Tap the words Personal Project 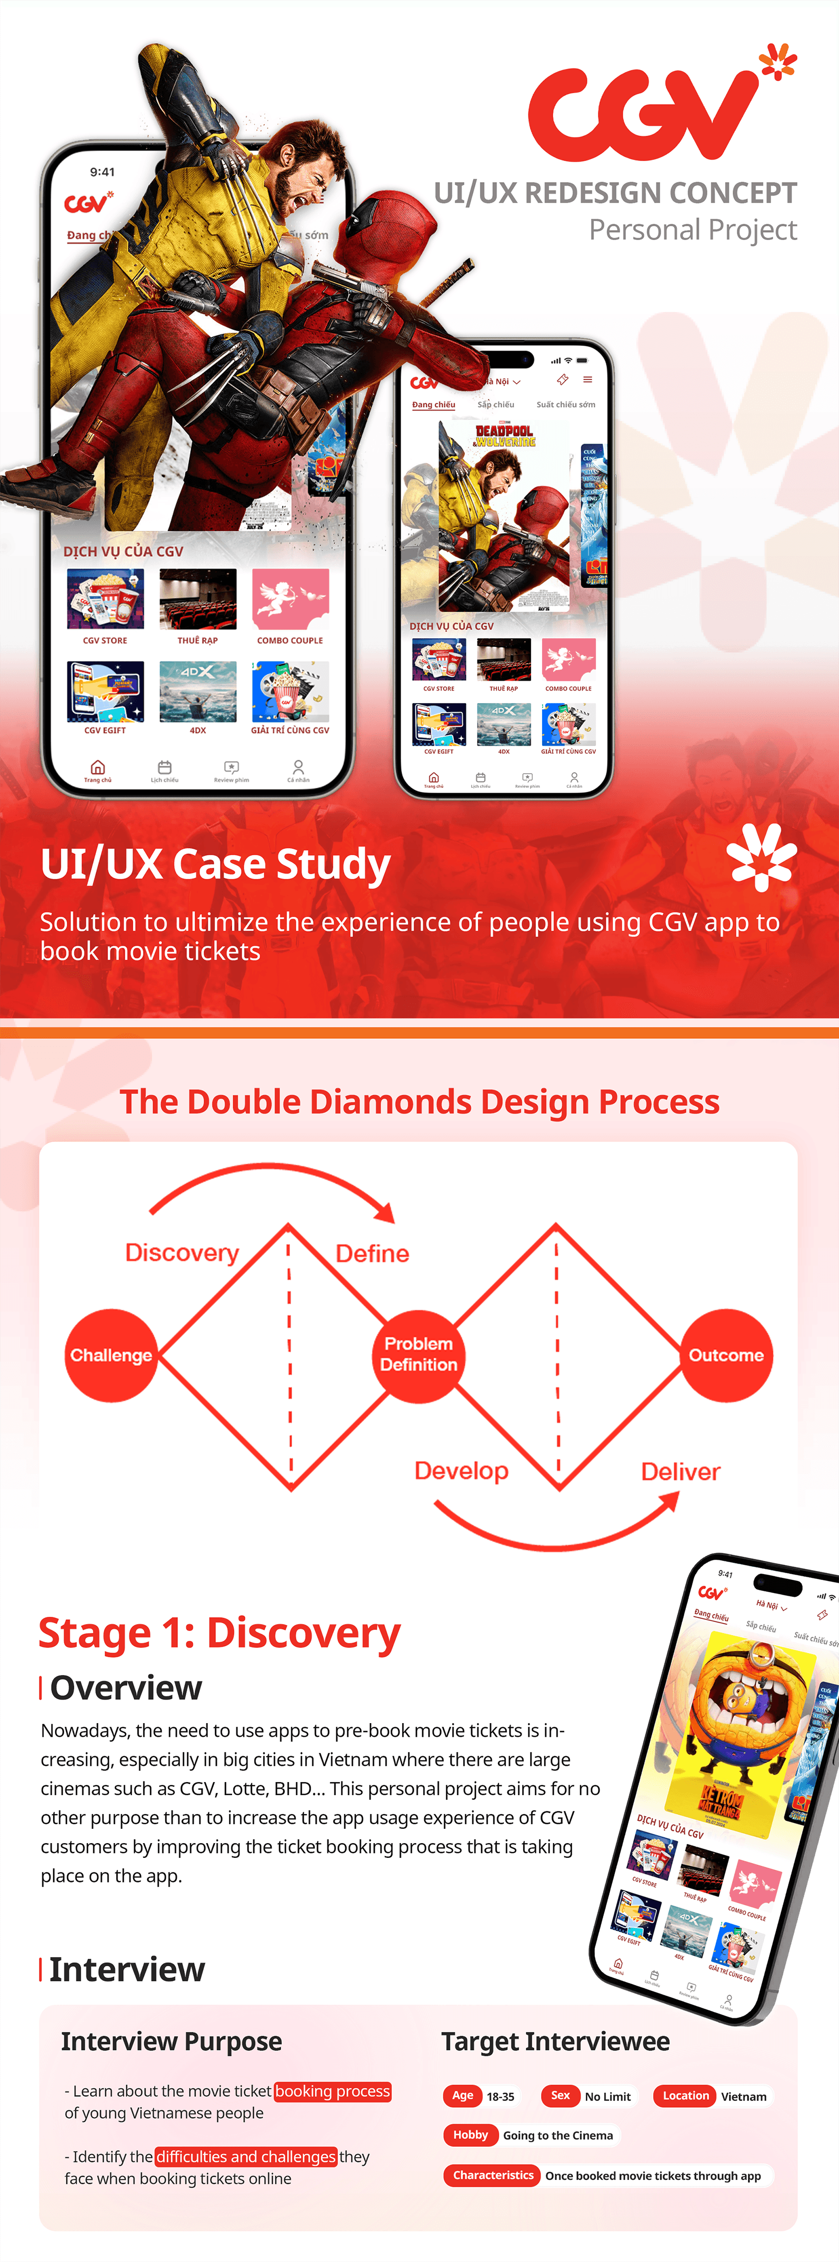pyautogui.click(x=692, y=230)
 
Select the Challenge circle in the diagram pyautogui.click(x=111, y=1355)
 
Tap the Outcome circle pyautogui.click(x=726, y=1355)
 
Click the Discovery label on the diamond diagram pyautogui.click(x=182, y=1252)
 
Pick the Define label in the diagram pyautogui.click(x=373, y=1253)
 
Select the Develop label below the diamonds pyautogui.click(x=461, y=1471)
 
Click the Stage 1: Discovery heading pyautogui.click(x=219, y=1633)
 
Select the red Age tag pyautogui.click(x=462, y=2095)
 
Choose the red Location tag pyautogui.click(x=685, y=2095)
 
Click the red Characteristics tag pyautogui.click(x=492, y=2175)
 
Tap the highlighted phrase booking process pyautogui.click(x=332, y=2091)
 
